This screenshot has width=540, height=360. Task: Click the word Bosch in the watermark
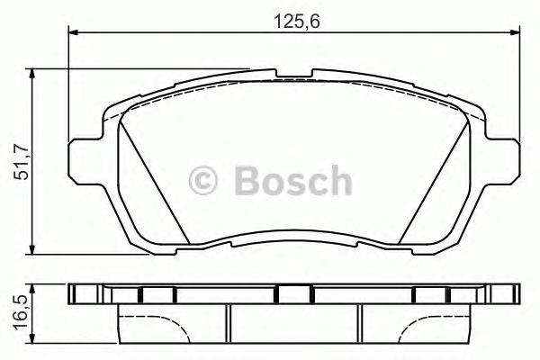pyautogui.click(x=292, y=180)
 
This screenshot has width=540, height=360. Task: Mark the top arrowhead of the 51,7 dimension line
pyautogui.click(x=34, y=73)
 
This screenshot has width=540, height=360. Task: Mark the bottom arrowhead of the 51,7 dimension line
pyautogui.click(x=34, y=248)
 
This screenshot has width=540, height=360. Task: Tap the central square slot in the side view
pyautogui.click(x=293, y=293)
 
